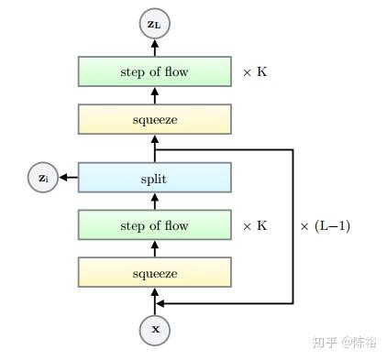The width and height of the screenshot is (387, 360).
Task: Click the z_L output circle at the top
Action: [x=154, y=26]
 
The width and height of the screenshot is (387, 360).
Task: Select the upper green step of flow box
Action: [x=154, y=71]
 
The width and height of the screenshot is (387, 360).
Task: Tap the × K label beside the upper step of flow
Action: [x=254, y=71]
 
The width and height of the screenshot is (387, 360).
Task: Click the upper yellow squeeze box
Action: [x=154, y=119]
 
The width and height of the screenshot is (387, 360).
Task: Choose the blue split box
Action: [x=154, y=179]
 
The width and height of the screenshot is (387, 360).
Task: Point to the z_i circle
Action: [x=42, y=179]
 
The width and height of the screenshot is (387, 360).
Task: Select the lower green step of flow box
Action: [x=154, y=225]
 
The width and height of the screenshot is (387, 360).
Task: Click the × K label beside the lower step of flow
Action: [x=254, y=225]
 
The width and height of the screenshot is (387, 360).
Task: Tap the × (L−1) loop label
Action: [x=325, y=225]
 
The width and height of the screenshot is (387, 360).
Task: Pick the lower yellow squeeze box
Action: [x=154, y=273]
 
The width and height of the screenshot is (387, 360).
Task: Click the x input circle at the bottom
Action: [x=154, y=329]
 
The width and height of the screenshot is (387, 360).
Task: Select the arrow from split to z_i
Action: [x=68, y=179]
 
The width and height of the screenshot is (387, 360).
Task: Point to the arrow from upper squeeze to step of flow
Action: [x=154, y=95]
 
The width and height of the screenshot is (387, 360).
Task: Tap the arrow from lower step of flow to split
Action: [x=154, y=202]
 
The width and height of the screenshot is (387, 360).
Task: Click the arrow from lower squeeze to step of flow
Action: [x=154, y=249]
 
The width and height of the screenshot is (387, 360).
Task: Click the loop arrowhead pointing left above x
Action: [x=162, y=303]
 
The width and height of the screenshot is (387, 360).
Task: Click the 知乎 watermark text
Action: [x=326, y=342]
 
